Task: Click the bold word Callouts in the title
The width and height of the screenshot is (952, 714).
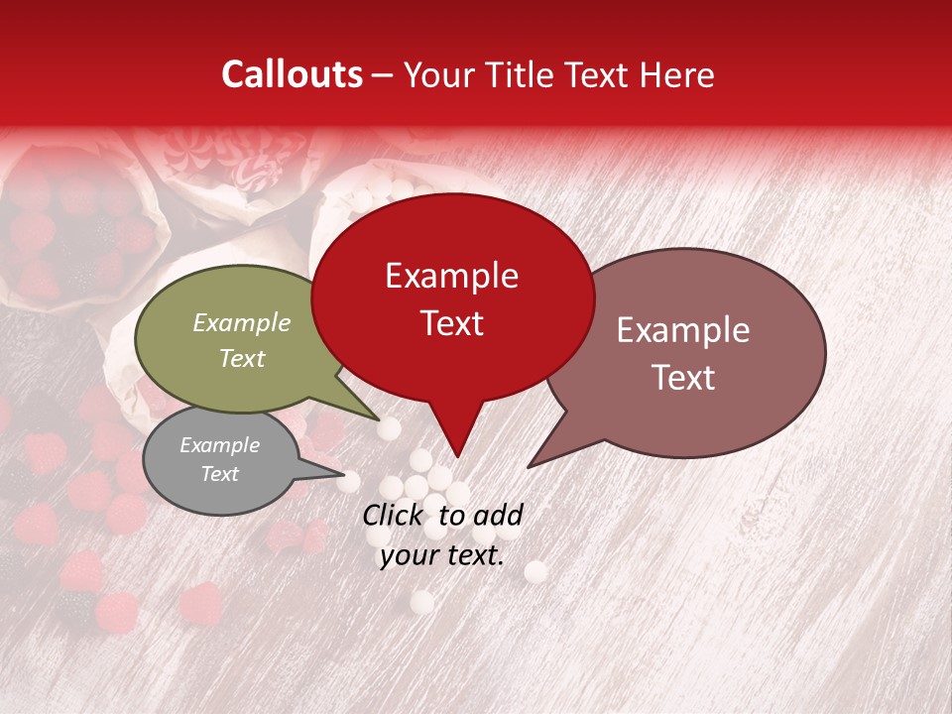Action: pos(292,74)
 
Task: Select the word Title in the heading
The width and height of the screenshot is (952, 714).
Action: pos(522,74)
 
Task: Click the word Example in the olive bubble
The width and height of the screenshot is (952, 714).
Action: pos(242,322)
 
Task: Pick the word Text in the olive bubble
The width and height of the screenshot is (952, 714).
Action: pos(242,358)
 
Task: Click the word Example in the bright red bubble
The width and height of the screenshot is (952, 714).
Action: pos(451,276)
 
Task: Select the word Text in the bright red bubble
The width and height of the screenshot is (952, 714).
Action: pos(451,322)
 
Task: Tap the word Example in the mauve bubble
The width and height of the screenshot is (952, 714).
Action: pos(683,330)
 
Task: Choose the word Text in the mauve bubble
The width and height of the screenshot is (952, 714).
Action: pos(683,377)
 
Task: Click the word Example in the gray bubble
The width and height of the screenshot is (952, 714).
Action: pos(219,445)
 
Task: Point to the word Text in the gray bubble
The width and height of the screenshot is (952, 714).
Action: pos(219,474)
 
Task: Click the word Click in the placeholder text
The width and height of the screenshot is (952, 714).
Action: pos(395,515)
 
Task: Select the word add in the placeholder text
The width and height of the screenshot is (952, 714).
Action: pos(498,515)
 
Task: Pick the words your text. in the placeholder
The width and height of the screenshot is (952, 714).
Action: pos(442,555)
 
